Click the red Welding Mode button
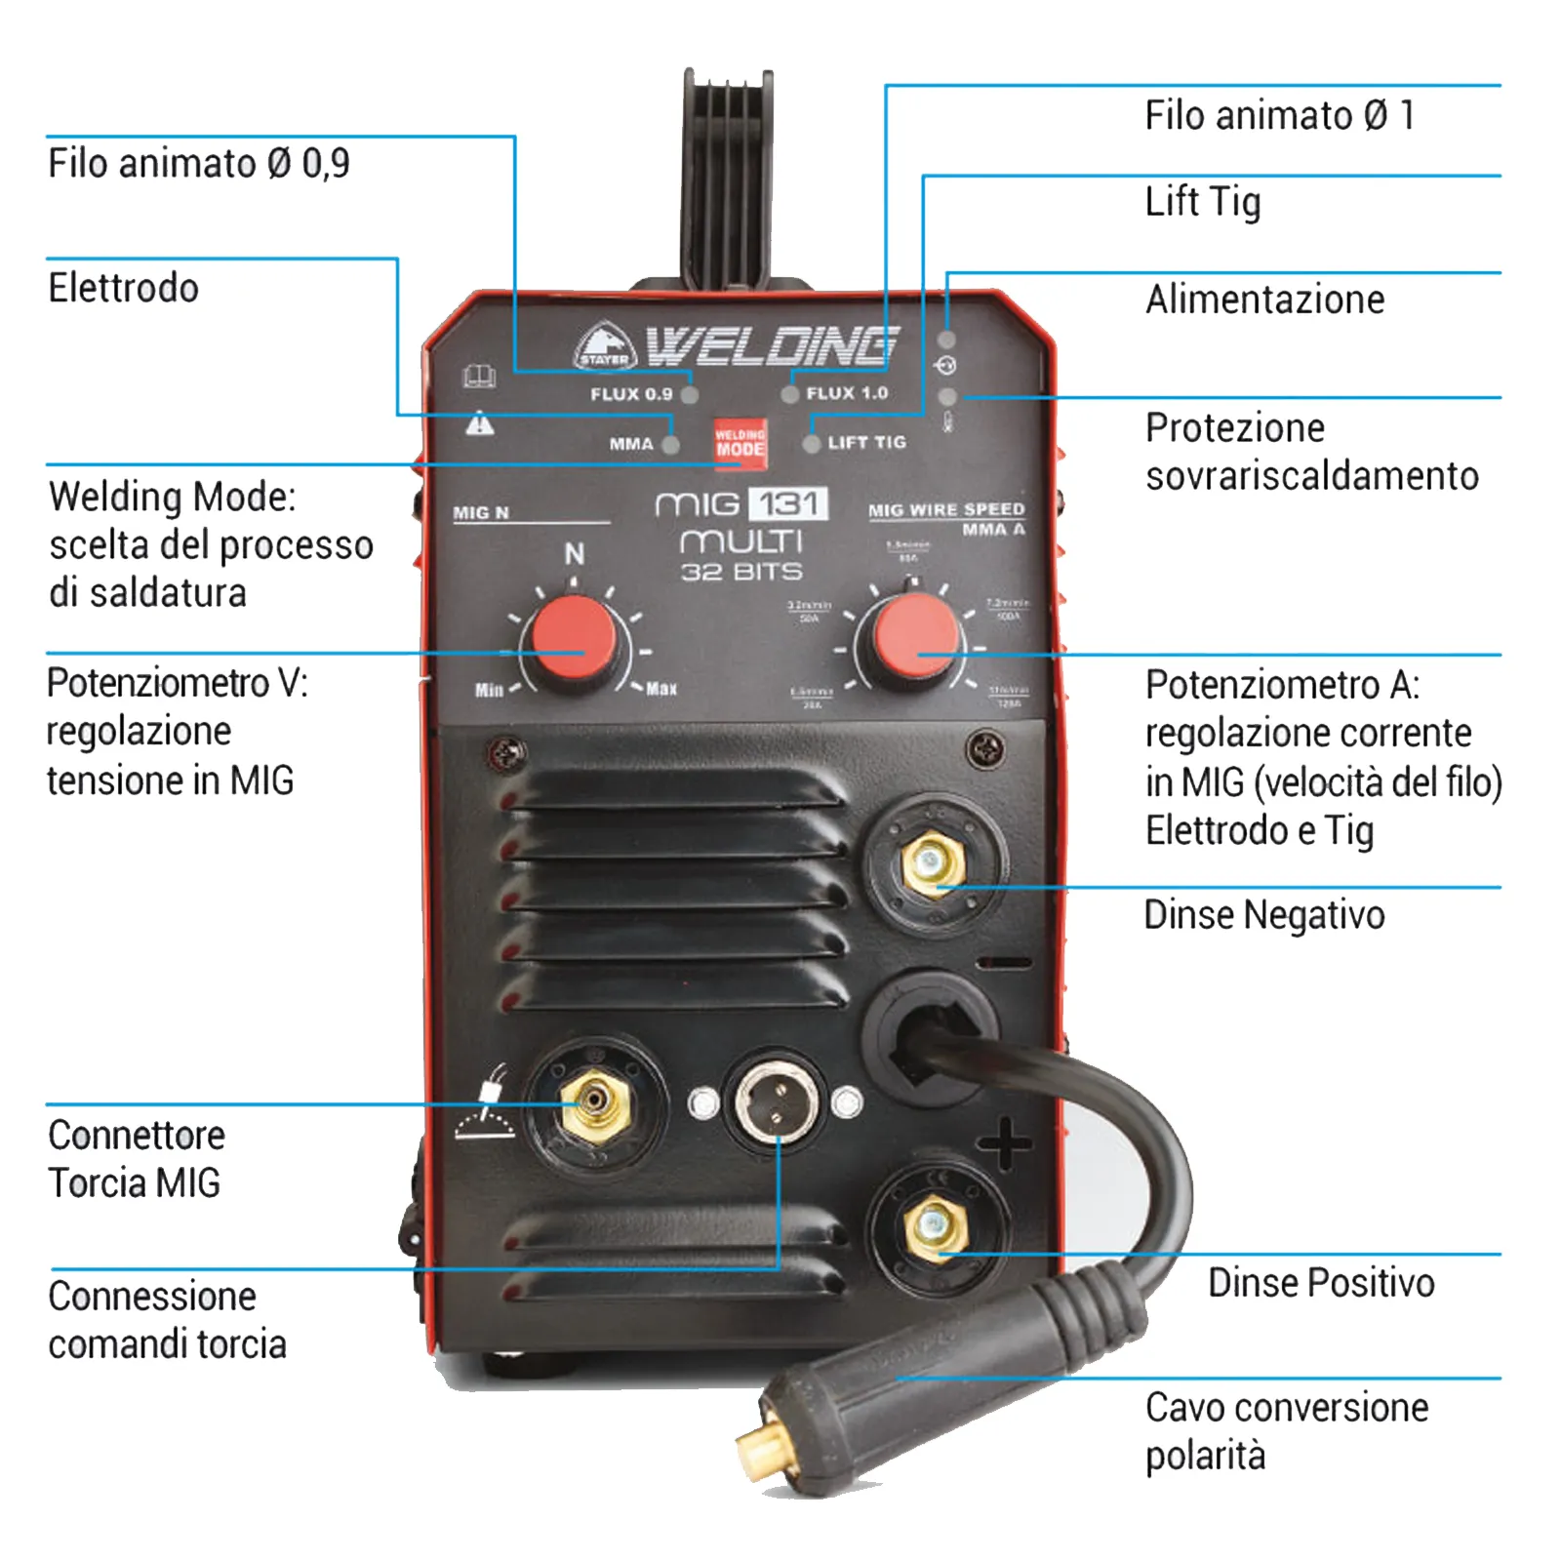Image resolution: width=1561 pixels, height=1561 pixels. (x=740, y=444)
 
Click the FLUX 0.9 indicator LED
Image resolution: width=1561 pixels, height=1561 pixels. (x=690, y=395)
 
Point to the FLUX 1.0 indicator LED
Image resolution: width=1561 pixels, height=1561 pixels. (x=790, y=395)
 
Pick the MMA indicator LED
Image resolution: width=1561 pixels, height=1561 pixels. (x=671, y=445)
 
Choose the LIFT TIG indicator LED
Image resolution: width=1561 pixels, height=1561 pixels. (x=811, y=444)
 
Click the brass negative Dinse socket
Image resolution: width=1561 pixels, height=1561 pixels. (x=933, y=861)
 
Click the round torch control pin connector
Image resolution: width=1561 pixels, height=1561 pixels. (x=776, y=1101)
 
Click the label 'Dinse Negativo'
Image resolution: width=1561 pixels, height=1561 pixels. (x=1263, y=915)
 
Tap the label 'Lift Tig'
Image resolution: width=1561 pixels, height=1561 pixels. (x=1202, y=202)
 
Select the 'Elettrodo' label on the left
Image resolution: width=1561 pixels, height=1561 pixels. (x=124, y=289)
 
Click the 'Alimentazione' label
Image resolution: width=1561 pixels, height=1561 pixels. (x=1264, y=300)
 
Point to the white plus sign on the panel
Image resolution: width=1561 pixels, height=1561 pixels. (x=1004, y=1143)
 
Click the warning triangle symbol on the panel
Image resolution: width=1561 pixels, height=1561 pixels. (x=479, y=423)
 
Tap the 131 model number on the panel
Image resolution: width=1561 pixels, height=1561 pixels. (x=788, y=504)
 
